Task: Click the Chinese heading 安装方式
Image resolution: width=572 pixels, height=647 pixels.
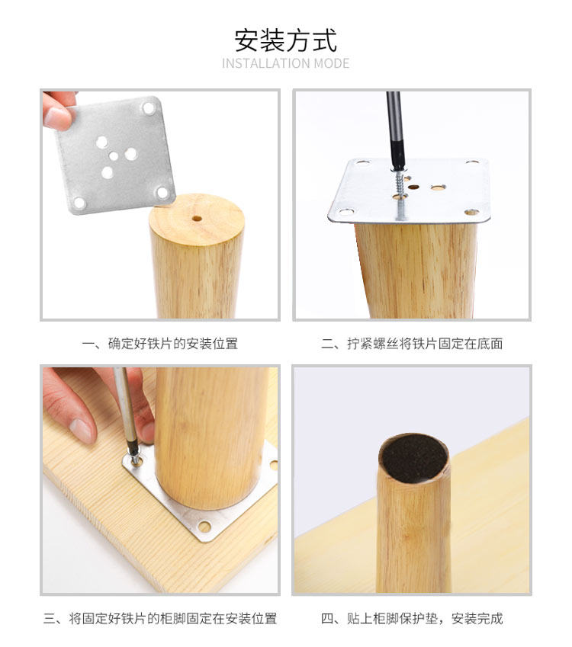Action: tap(286, 40)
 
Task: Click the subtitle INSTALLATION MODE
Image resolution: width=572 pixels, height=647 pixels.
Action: tap(286, 63)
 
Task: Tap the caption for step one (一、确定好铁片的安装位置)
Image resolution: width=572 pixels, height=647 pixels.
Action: tap(160, 343)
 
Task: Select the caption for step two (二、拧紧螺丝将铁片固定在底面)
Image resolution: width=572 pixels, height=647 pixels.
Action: tap(412, 343)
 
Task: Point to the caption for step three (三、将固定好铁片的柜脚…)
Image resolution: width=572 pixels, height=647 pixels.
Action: tap(160, 619)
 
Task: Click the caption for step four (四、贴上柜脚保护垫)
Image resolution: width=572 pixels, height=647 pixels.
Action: tap(412, 619)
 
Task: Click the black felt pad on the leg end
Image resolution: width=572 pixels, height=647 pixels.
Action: tap(414, 458)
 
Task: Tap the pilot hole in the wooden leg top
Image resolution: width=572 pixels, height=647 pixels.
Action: tap(197, 218)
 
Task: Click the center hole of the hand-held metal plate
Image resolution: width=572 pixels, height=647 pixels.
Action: tap(114, 156)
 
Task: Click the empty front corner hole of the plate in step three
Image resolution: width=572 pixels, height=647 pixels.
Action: tap(204, 526)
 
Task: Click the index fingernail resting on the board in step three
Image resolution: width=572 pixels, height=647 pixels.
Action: tap(82, 430)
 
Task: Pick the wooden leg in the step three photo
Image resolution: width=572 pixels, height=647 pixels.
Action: tap(210, 437)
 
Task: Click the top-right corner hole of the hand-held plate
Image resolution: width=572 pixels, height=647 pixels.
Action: tap(148, 108)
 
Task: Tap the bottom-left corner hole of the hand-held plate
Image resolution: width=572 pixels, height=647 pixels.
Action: tap(79, 203)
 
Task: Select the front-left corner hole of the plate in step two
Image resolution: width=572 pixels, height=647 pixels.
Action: tap(346, 212)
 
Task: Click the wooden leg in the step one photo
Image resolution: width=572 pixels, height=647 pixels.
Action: tap(197, 256)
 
